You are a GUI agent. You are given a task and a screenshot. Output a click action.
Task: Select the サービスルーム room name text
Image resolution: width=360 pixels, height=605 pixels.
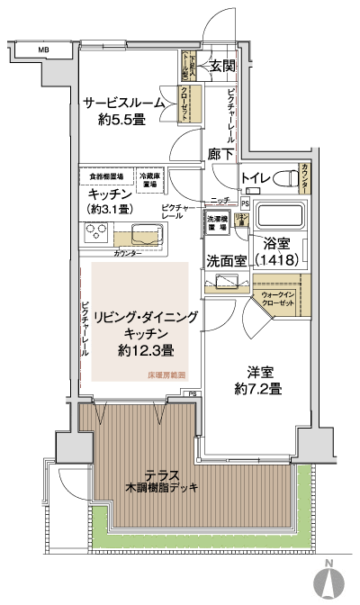click(x=124, y=103)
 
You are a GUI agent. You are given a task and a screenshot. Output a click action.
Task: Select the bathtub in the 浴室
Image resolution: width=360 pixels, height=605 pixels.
click(x=281, y=218)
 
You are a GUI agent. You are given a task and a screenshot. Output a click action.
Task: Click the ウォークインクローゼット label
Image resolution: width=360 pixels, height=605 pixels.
click(x=279, y=299)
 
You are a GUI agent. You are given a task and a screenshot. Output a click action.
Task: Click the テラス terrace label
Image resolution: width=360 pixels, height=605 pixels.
click(x=162, y=474)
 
